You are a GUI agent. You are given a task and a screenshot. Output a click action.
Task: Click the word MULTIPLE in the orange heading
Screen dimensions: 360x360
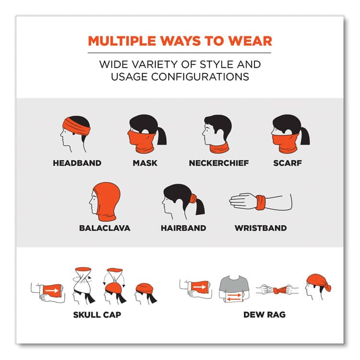pyautogui.click(x=122, y=41)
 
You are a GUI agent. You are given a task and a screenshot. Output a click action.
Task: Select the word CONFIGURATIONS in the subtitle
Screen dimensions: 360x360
pyautogui.click(x=200, y=77)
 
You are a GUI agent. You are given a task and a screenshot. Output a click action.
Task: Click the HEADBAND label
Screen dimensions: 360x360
pyautogui.click(x=77, y=163)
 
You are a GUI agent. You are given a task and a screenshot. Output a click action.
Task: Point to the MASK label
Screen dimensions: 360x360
pyautogui.click(x=145, y=163)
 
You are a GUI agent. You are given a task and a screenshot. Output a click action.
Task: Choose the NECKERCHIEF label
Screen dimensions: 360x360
pyautogui.click(x=219, y=163)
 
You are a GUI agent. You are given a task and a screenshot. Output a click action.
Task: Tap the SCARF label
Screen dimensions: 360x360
pyautogui.click(x=288, y=163)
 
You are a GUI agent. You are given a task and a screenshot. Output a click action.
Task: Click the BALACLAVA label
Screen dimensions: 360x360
pyautogui.click(x=105, y=228)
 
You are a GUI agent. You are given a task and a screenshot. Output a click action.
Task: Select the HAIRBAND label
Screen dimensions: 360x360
pyautogui.click(x=183, y=228)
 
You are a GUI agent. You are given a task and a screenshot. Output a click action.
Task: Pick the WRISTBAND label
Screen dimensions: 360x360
pyautogui.click(x=261, y=228)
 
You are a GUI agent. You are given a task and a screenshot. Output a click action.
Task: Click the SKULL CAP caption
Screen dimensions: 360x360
pyautogui.click(x=97, y=314)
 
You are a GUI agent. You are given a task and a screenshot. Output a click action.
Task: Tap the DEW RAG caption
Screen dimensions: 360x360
pyautogui.click(x=264, y=314)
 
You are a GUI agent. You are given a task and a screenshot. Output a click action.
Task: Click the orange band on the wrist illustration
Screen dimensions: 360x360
pyautogui.click(x=261, y=203)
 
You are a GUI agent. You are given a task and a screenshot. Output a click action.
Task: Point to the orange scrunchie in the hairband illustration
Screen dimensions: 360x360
pyautogui.click(x=193, y=198)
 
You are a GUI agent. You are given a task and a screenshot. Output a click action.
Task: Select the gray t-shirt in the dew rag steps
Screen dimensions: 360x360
pyautogui.click(x=234, y=284)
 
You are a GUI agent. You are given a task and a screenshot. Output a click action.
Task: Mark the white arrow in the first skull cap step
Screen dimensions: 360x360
pyautogui.click(x=52, y=291)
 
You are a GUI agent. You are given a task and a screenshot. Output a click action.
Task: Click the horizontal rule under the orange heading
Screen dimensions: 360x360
pyautogui.click(x=180, y=53)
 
